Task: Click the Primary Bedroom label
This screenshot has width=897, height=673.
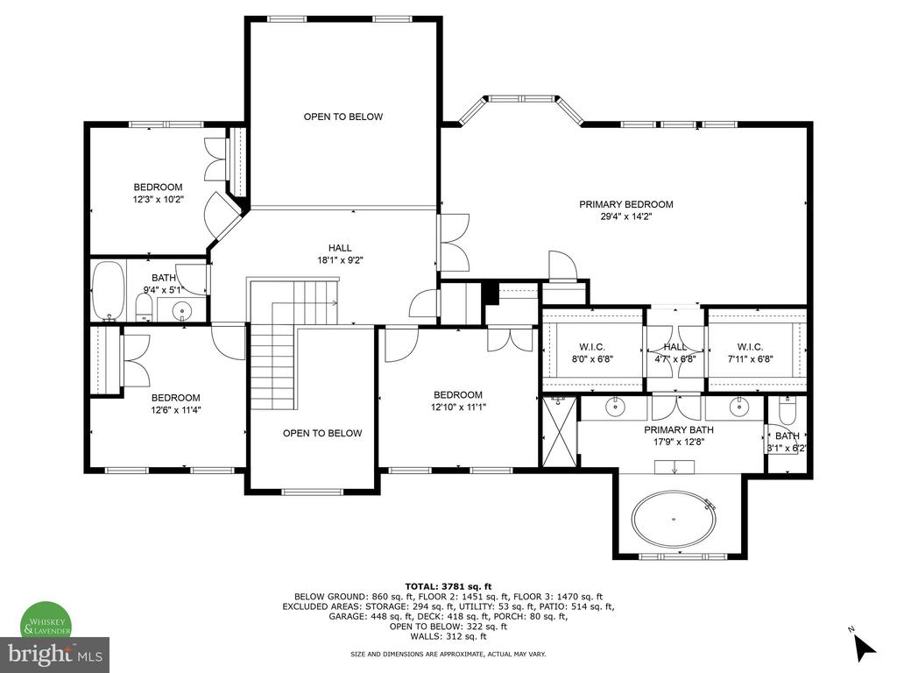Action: coord(625,204)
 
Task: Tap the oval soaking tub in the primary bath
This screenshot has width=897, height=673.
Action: coord(674,519)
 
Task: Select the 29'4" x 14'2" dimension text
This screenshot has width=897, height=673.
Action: coord(625,217)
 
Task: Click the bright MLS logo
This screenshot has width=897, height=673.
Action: coord(55,654)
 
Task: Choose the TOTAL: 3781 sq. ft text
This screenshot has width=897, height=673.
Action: coord(448,586)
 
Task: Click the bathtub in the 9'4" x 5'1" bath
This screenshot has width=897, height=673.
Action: coord(108,292)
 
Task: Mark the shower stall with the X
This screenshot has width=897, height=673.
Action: coord(560,431)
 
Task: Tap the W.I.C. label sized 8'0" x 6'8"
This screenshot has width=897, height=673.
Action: coord(591,347)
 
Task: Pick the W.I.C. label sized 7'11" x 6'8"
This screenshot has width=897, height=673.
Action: coord(750,347)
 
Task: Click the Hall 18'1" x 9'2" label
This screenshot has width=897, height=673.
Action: coord(341,254)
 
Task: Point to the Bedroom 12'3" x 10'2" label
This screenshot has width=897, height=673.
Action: coord(158,194)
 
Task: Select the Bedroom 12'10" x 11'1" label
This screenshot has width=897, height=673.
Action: coord(457,401)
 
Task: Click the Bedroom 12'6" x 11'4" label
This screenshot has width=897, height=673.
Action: coord(175,404)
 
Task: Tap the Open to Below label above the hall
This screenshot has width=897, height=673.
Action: coord(343,117)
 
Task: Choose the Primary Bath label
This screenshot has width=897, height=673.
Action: coord(679,429)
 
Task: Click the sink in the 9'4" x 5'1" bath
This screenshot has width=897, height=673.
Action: coord(182,311)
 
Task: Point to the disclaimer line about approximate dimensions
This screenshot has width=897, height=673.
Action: coord(448,654)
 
